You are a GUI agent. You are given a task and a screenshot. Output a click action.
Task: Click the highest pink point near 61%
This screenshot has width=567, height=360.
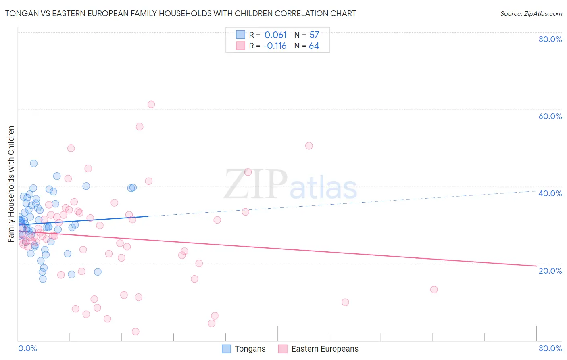(151, 105)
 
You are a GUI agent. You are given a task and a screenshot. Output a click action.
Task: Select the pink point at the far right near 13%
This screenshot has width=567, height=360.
(434, 289)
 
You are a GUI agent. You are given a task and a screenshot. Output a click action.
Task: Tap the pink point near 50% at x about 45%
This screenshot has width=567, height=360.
(309, 146)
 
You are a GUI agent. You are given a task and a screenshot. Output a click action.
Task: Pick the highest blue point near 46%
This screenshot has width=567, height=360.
(34, 163)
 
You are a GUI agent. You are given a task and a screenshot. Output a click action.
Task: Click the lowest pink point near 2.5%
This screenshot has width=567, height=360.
(135, 331)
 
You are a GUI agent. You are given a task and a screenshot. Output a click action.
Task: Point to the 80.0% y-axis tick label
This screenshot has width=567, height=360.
(550, 39)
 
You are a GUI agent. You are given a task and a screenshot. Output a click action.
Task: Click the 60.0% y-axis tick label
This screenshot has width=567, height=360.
(550, 116)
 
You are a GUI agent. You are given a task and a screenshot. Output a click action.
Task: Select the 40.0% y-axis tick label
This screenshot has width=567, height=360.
(550, 193)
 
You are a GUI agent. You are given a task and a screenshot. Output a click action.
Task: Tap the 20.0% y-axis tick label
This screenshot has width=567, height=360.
(550, 270)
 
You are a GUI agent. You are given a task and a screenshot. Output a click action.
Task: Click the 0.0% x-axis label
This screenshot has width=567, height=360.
(27, 348)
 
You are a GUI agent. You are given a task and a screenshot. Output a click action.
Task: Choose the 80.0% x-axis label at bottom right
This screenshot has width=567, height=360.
(550, 348)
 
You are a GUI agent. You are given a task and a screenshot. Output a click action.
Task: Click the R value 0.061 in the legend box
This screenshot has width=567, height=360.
(275, 35)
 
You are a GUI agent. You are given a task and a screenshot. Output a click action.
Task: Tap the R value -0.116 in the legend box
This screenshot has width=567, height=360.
(275, 46)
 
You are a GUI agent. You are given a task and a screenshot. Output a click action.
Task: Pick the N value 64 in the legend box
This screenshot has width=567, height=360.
(314, 46)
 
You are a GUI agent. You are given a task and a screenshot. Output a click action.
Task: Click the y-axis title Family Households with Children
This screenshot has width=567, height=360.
(11, 184)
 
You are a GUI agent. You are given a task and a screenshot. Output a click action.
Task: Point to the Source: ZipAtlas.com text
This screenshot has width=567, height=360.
(531, 14)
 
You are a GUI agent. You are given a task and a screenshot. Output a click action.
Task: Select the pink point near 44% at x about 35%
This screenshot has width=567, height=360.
(248, 172)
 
